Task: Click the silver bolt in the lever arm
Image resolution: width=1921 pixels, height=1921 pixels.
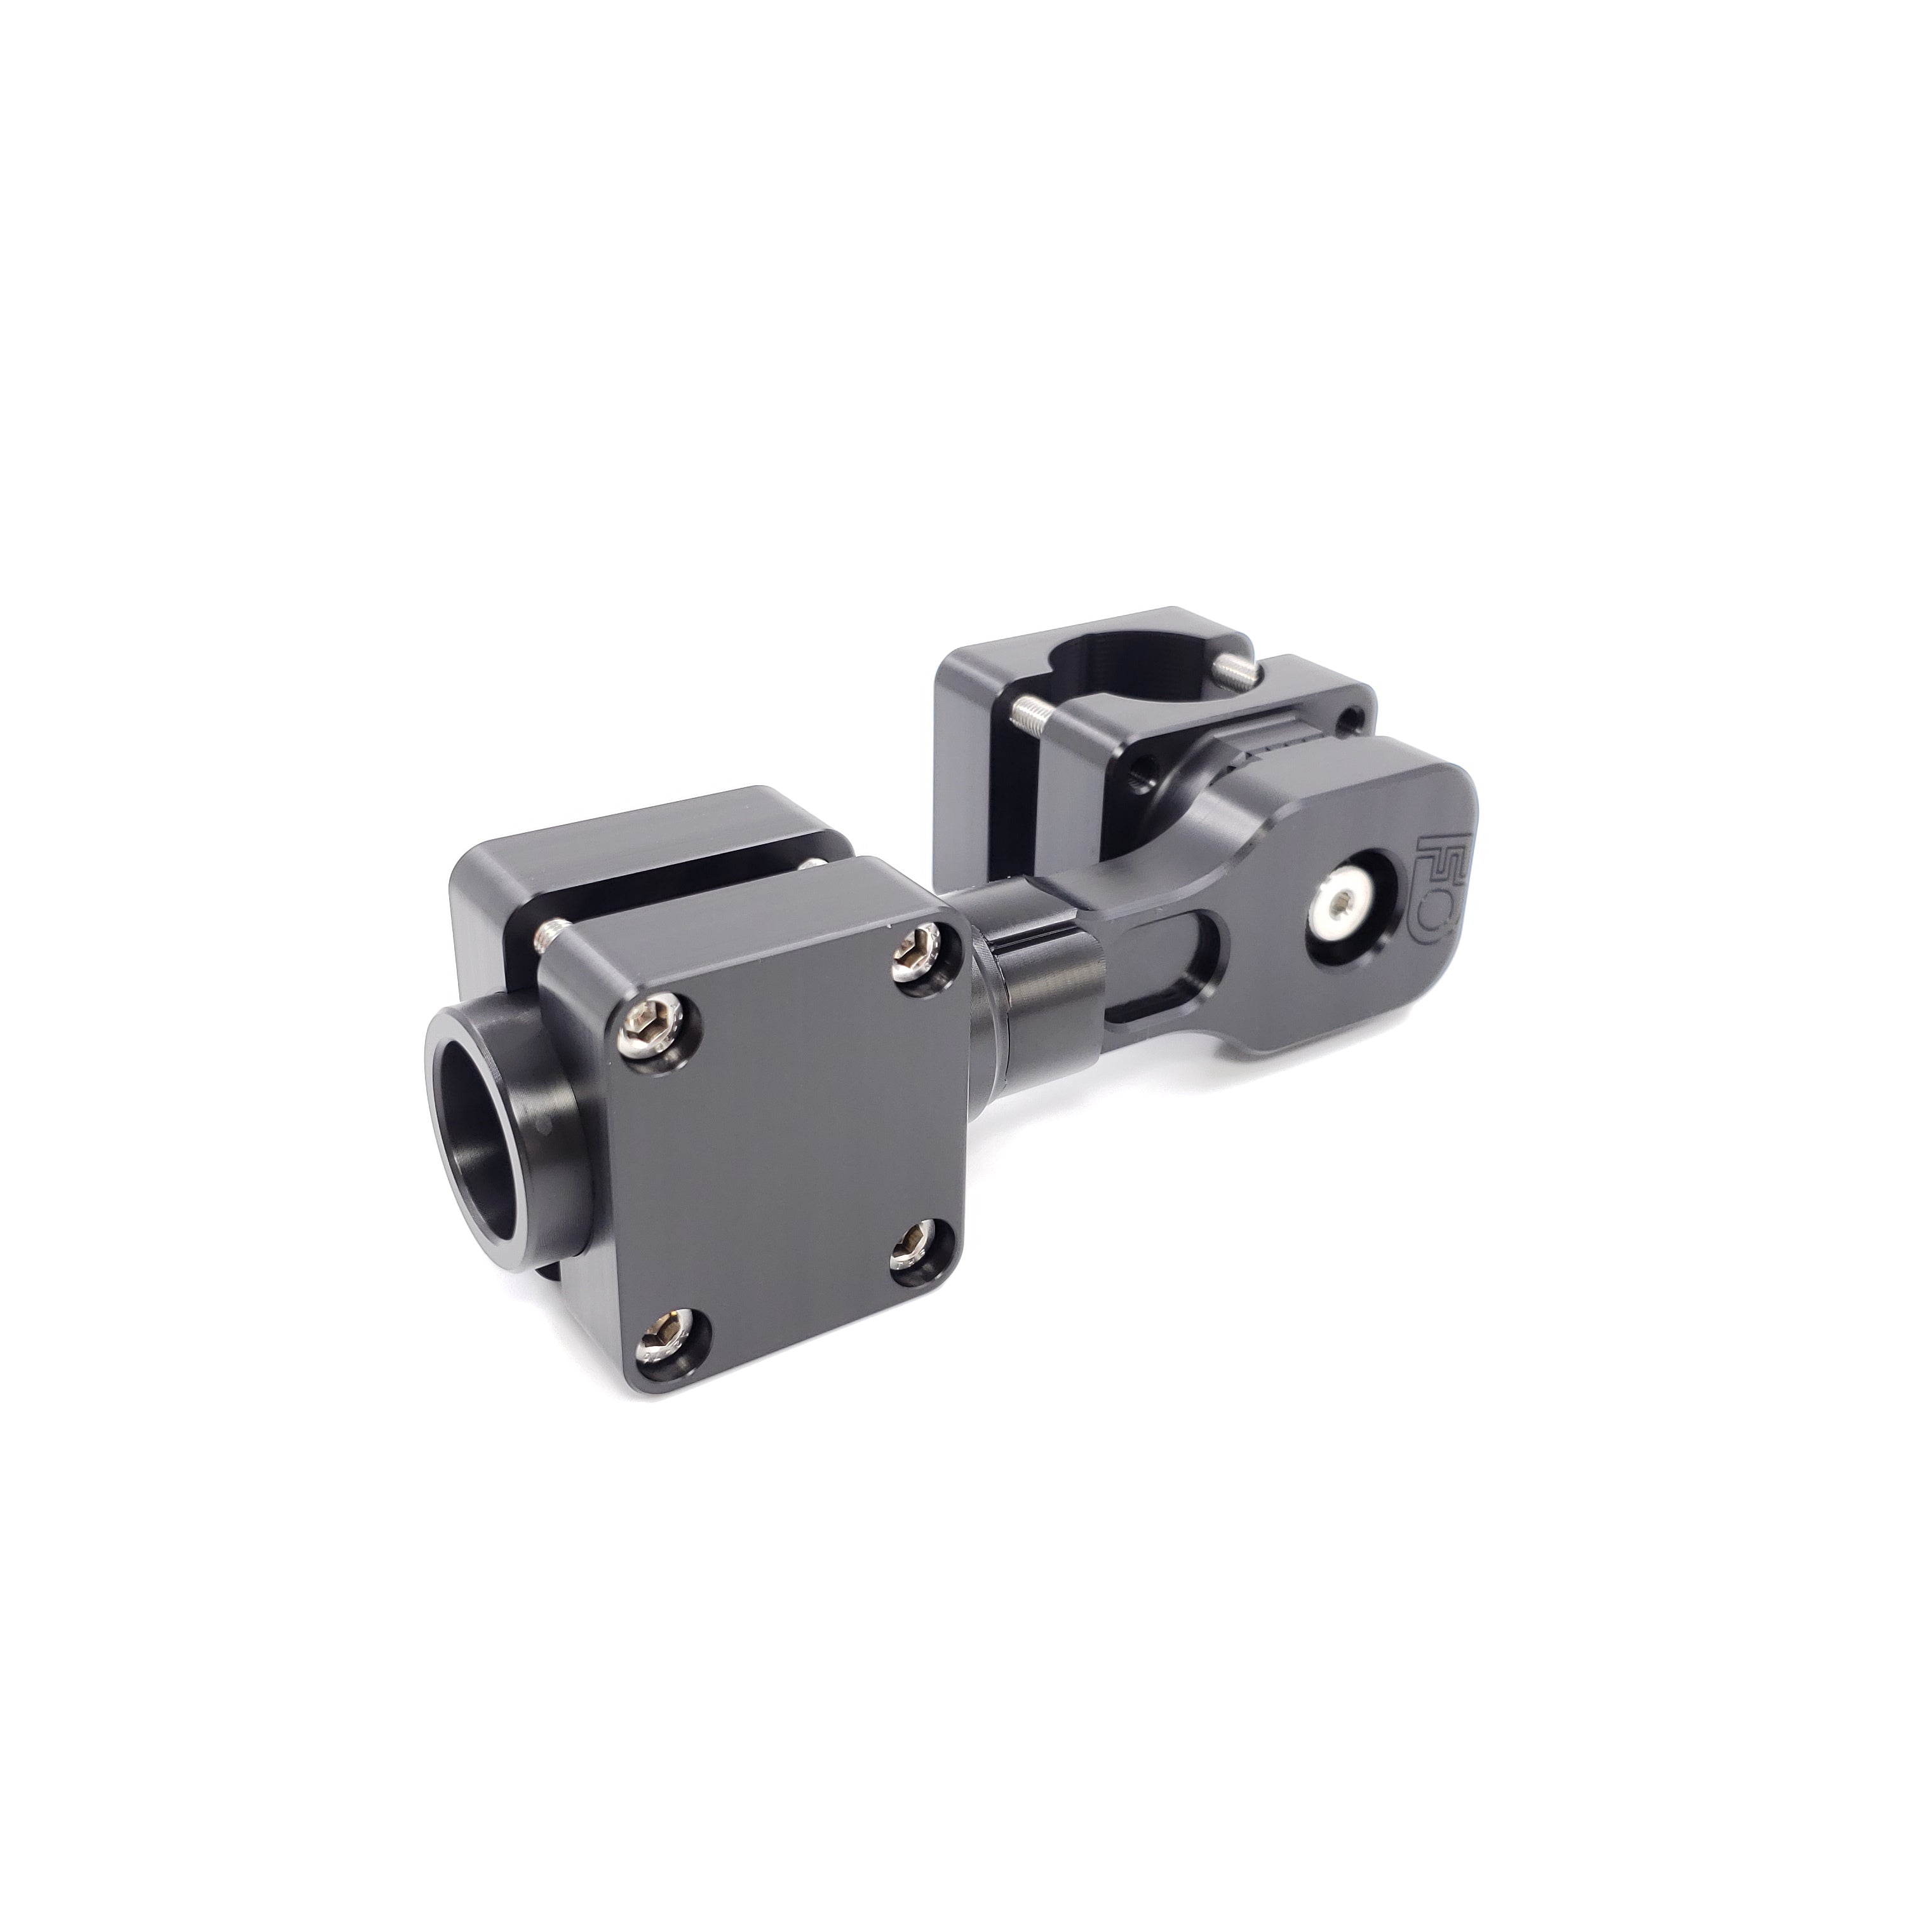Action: click(x=1344, y=905)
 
